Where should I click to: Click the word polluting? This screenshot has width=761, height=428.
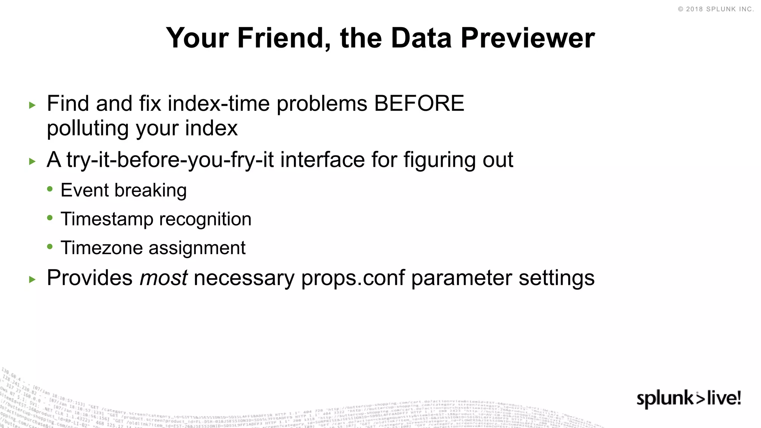click(87, 129)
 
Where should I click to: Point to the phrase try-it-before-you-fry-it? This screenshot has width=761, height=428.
click(170, 160)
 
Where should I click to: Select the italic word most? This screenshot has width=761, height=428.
click(163, 278)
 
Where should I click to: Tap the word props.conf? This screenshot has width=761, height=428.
click(353, 278)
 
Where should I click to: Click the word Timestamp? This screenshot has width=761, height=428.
click(107, 219)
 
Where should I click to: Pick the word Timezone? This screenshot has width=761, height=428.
click(101, 248)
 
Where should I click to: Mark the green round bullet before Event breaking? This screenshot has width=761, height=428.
click(50, 189)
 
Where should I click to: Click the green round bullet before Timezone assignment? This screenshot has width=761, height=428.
click(50, 246)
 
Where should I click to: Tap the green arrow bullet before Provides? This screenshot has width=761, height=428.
click(32, 279)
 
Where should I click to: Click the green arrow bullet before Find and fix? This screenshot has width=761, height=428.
click(32, 105)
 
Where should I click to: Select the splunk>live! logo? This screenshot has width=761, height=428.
click(689, 399)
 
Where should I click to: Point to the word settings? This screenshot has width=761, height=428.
click(556, 278)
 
